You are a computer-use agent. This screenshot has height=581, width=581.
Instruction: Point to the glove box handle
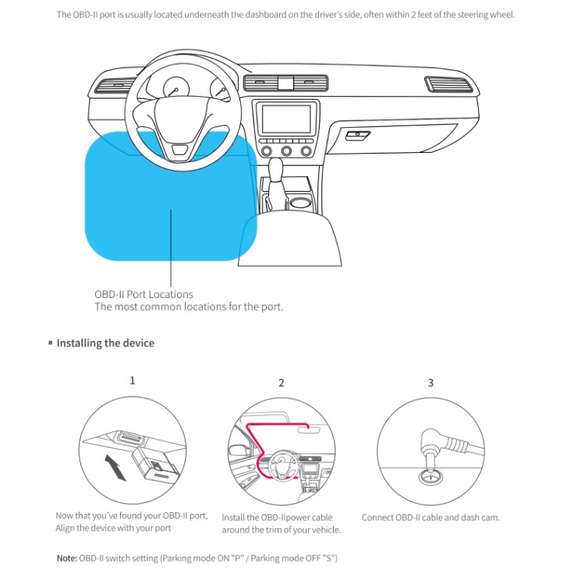pyautogui.click(x=358, y=135)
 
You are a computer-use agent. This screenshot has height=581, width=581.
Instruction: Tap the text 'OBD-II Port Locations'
pyautogui.click(x=143, y=294)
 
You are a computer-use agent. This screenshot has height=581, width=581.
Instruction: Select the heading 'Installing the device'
pyautogui.click(x=105, y=343)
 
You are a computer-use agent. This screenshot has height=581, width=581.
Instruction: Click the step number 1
pyautogui.click(x=133, y=381)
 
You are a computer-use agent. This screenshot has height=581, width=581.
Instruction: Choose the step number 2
pyautogui.click(x=282, y=383)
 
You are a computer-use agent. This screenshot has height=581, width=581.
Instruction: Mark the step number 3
pyautogui.click(x=430, y=383)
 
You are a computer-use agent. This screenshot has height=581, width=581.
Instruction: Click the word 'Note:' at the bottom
pyautogui.click(x=67, y=558)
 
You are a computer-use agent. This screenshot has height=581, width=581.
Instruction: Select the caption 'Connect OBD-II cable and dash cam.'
pyautogui.click(x=430, y=518)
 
